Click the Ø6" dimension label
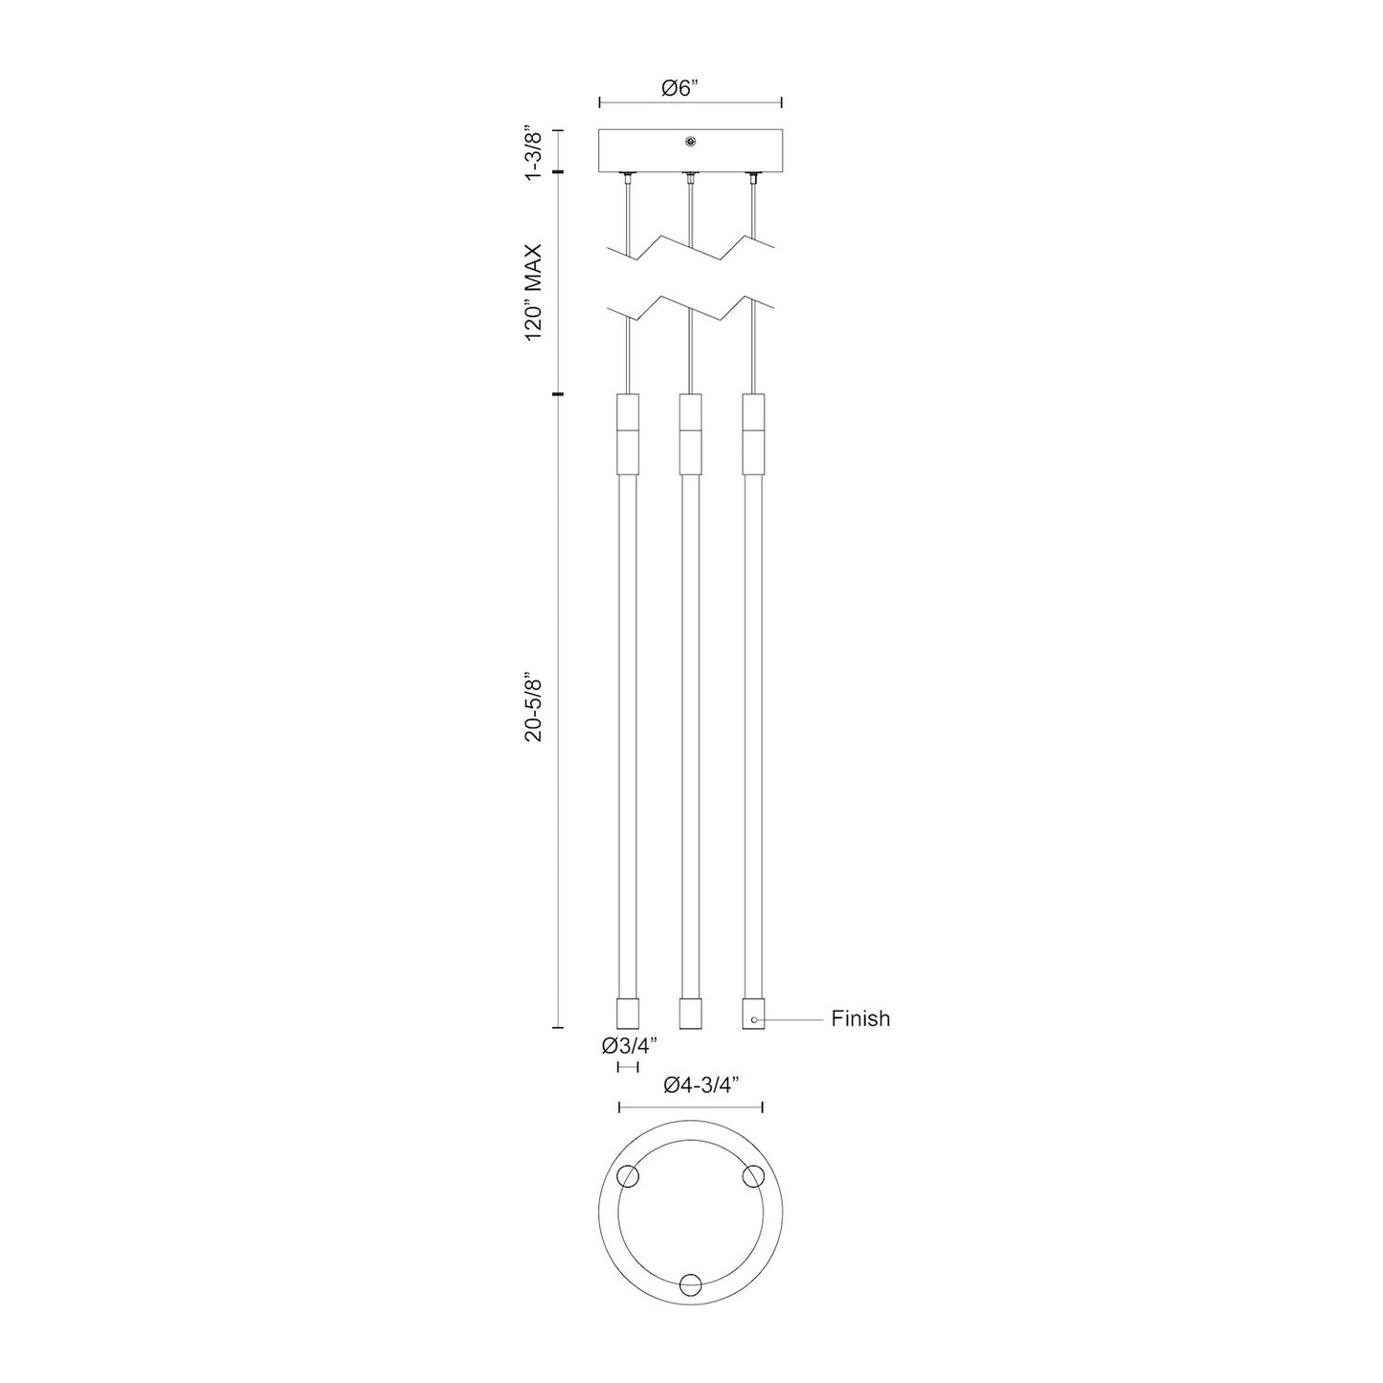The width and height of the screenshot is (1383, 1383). click(680, 88)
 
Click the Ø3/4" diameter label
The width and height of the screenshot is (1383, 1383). click(629, 1045)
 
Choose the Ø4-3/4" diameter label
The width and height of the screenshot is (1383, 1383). click(704, 1085)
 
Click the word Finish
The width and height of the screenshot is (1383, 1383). click(859, 1018)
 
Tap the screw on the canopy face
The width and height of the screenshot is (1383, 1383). click(690, 142)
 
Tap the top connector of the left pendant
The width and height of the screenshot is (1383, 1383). click(627, 433)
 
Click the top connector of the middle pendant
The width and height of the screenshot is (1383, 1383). click(690, 433)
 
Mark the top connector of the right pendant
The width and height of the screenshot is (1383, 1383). click(753, 433)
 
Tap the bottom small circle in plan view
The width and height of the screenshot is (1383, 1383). click(690, 1285)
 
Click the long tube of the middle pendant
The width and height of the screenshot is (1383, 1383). click(690, 737)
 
